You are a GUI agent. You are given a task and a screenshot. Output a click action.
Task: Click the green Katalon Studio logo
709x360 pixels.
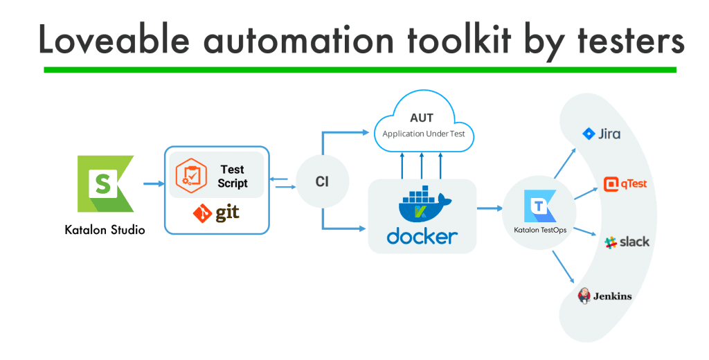[105, 183]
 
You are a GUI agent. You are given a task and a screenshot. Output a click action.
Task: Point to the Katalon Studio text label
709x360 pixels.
[105, 230]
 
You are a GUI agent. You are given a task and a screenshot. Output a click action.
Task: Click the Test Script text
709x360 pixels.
[232, 177]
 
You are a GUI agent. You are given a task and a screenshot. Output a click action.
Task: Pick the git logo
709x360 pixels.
[217, 213]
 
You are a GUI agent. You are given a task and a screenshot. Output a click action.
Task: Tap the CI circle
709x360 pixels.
[321, 182]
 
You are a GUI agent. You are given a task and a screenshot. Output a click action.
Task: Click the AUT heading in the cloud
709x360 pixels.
[422, 118]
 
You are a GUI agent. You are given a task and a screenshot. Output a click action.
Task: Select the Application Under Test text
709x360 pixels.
[422, 134]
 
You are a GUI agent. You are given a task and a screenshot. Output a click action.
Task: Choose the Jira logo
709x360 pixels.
[601, 134]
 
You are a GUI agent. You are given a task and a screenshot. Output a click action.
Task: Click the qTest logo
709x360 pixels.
[625, 184]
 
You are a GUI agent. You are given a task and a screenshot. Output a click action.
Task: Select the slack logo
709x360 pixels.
[627, 242]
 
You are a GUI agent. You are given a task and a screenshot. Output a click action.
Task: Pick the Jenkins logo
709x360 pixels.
[604, 296]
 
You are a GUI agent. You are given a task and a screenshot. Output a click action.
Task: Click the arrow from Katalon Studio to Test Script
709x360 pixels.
[152, 183]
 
